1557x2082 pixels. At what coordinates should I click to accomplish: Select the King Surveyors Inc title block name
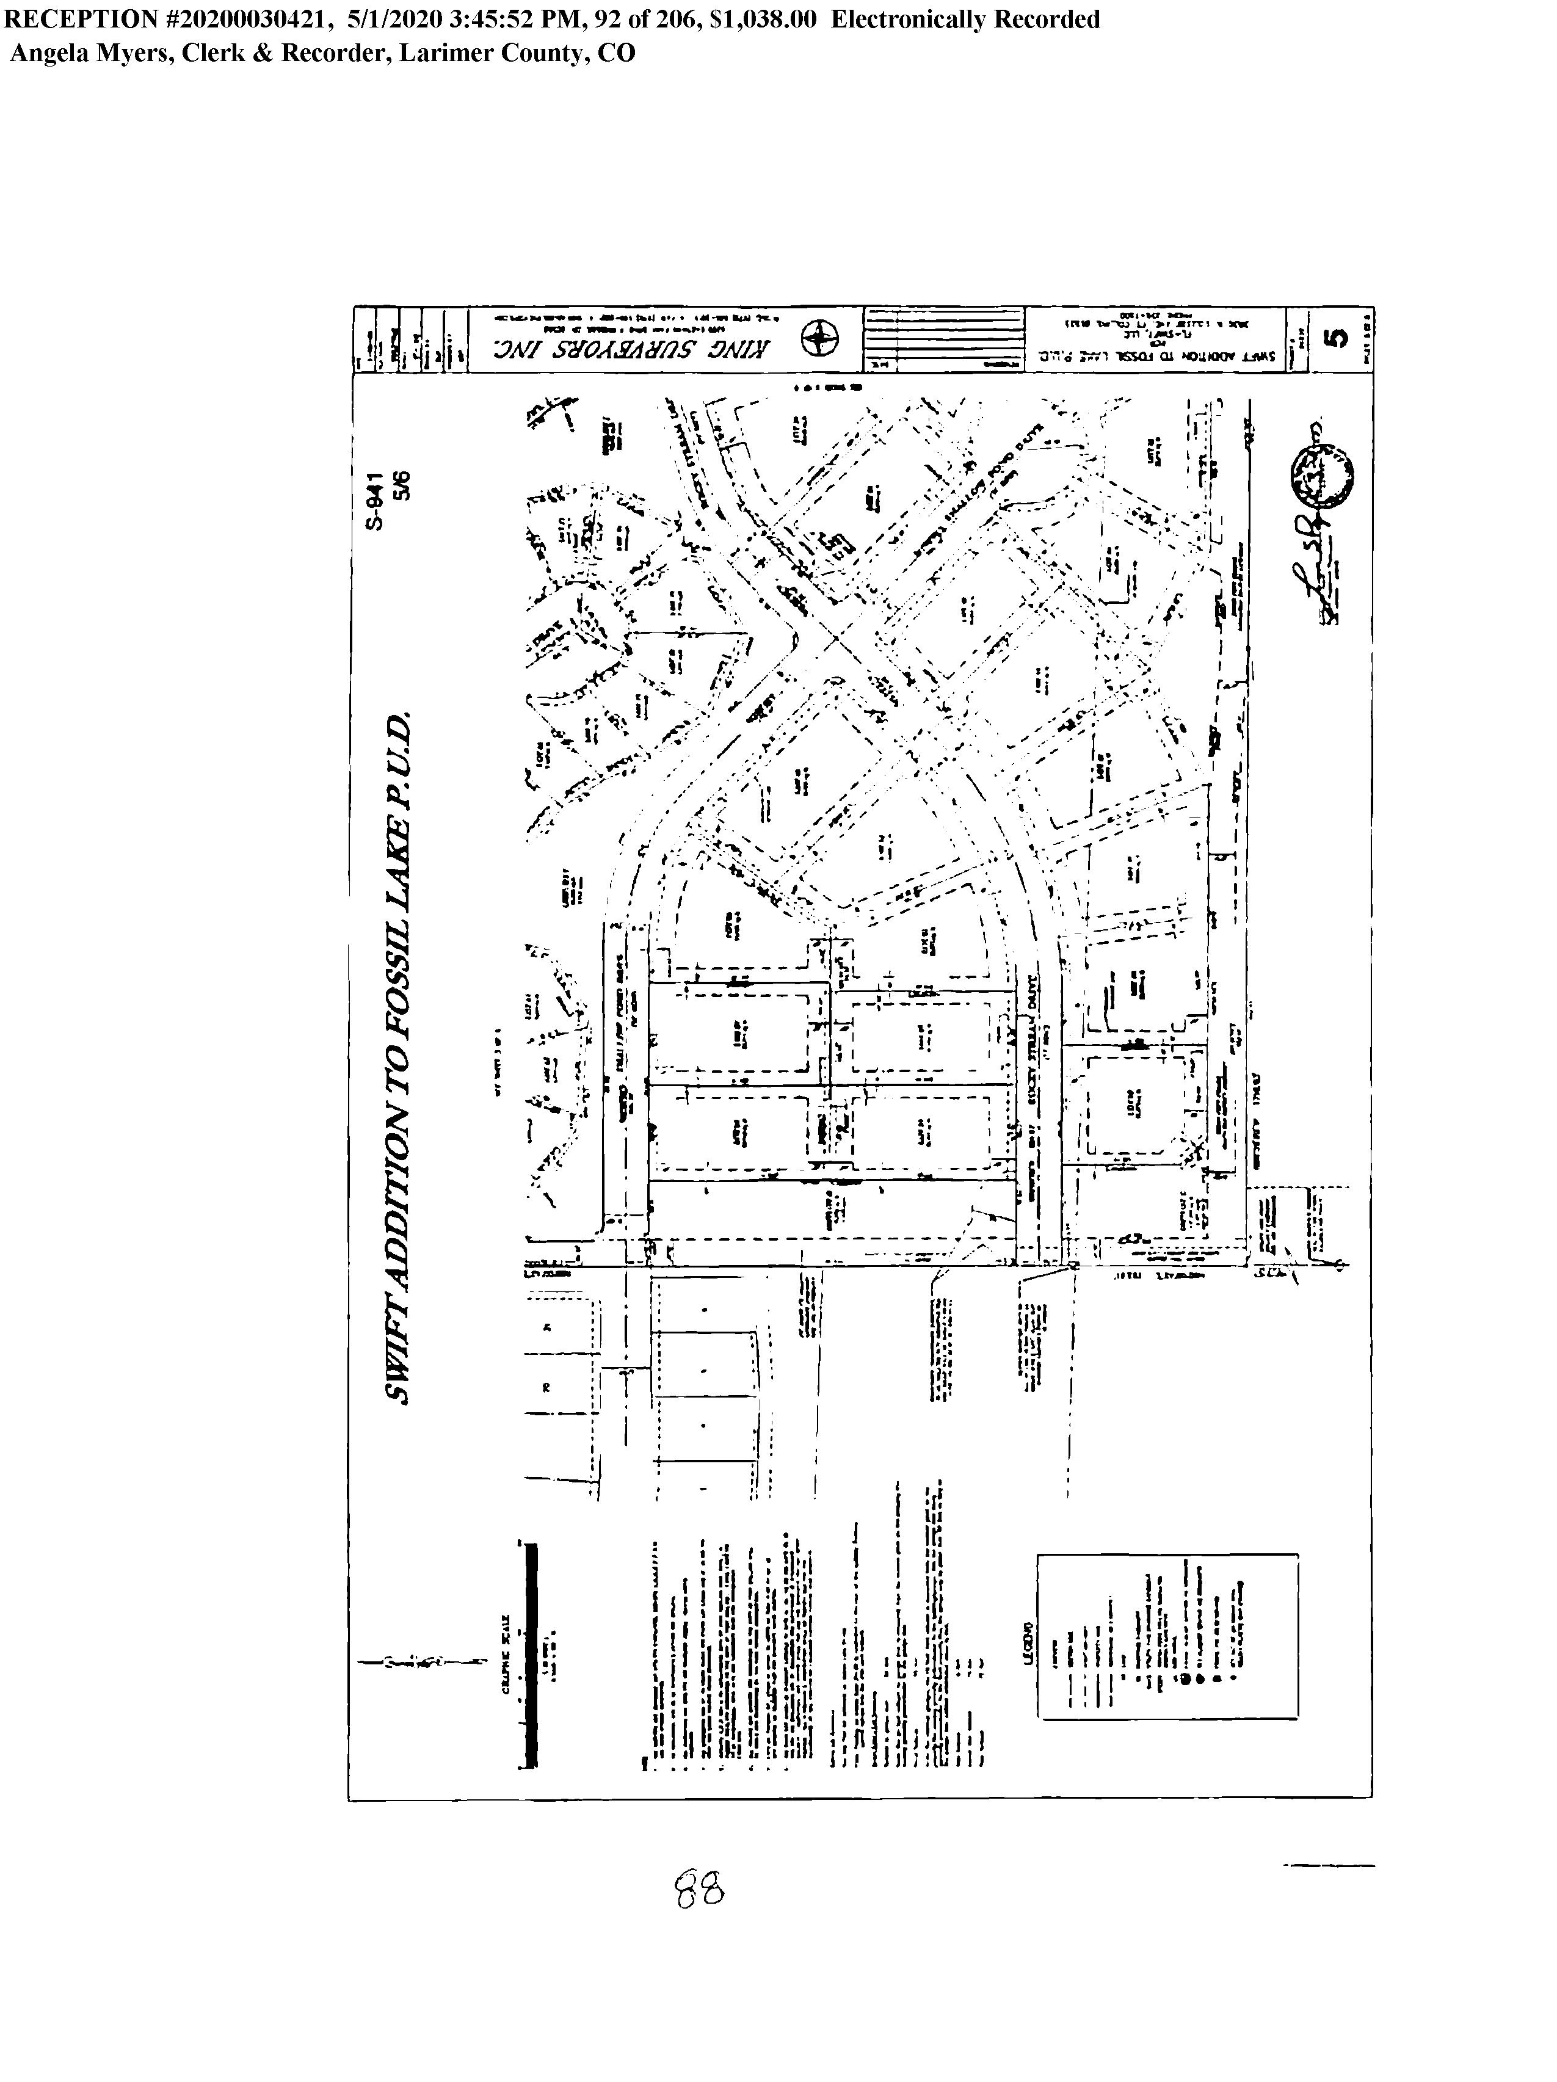coord(634,349)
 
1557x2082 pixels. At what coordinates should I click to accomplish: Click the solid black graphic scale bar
coord(531,1656)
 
